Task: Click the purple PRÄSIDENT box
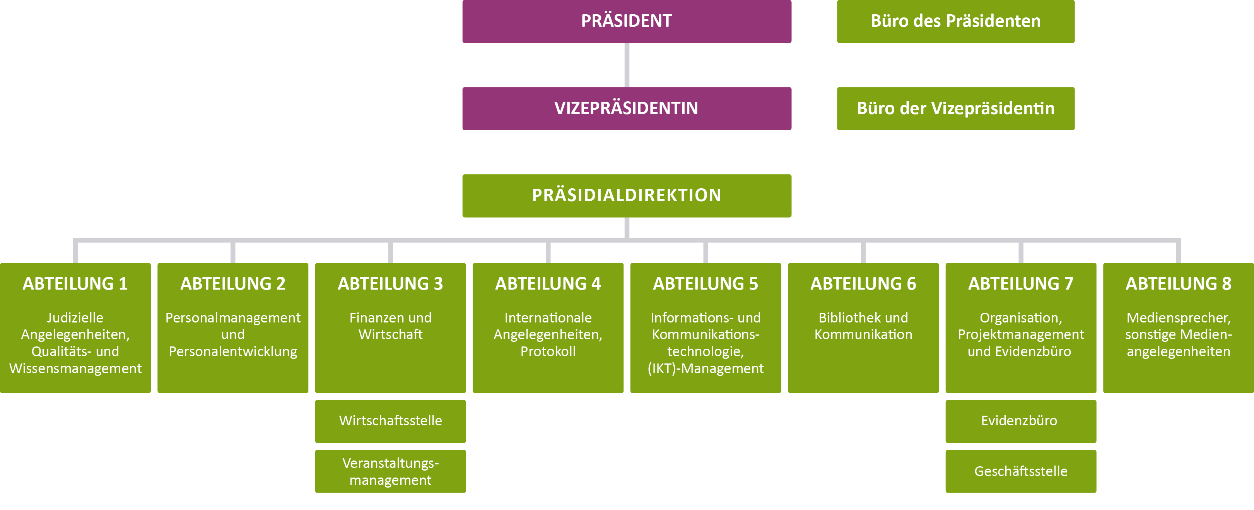click(627, 21)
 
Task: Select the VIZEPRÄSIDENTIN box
click(627, 109)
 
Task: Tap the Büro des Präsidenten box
click(956, 21)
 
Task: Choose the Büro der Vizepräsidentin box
click(956, 109)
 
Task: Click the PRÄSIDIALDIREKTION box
click(627, 196)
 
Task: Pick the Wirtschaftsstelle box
click(390, 421)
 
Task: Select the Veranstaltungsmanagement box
click(390, 471)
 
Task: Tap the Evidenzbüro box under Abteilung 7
click(1021, 421)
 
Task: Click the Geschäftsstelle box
click(1021, 471)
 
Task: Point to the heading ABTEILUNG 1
click(75, 284)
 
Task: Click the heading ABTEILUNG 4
click(548, 284)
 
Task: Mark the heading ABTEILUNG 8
click(1179, 284)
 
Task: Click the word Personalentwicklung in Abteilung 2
click(233, 351)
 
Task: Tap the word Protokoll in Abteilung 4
click(548, 351)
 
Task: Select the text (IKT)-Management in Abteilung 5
click(706, 368)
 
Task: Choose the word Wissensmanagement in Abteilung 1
click(75, 368)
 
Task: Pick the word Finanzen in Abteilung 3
click(373, 318)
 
